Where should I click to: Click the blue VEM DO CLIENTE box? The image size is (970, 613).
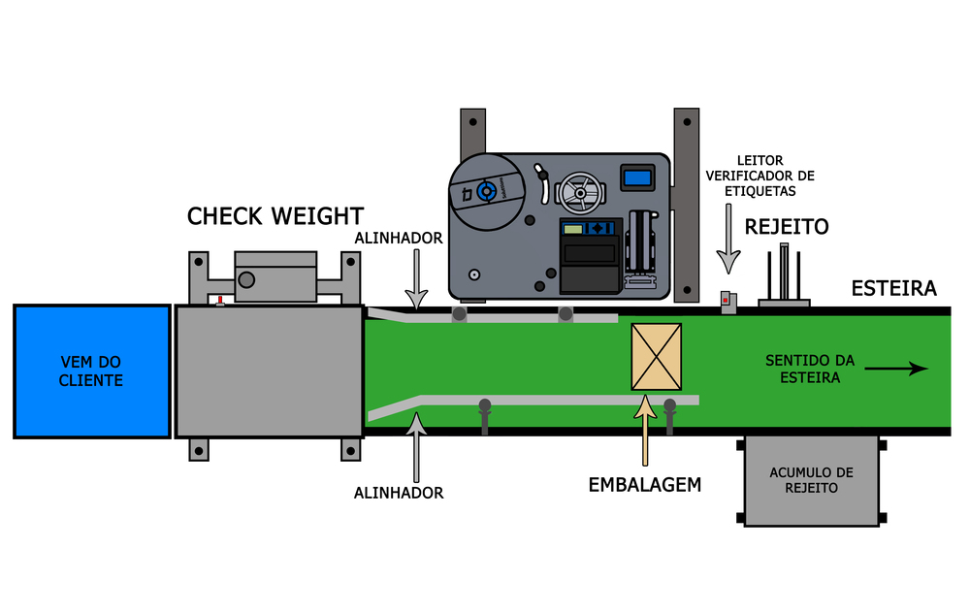(91, 371)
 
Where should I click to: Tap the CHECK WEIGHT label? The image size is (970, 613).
(275, 216)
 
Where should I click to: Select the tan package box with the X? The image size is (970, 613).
(656, 357)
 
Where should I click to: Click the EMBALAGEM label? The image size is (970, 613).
(645, 484)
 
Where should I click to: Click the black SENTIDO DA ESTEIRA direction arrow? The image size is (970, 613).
(896, 369)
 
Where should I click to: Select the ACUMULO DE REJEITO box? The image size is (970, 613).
(811, 480)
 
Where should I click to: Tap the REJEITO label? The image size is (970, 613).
(787, 227)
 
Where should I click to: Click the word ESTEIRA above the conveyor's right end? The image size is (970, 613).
(893, 288)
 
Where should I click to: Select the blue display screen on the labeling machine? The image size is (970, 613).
(637, 177)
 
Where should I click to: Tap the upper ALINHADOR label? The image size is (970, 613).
(399, 238)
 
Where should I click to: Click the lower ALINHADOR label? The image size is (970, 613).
(399, 493)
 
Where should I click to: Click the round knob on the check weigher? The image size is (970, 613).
(247, 280)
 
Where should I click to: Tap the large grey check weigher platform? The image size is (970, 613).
(269, 371)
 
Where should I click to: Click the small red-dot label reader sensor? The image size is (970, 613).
(727, 301)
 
